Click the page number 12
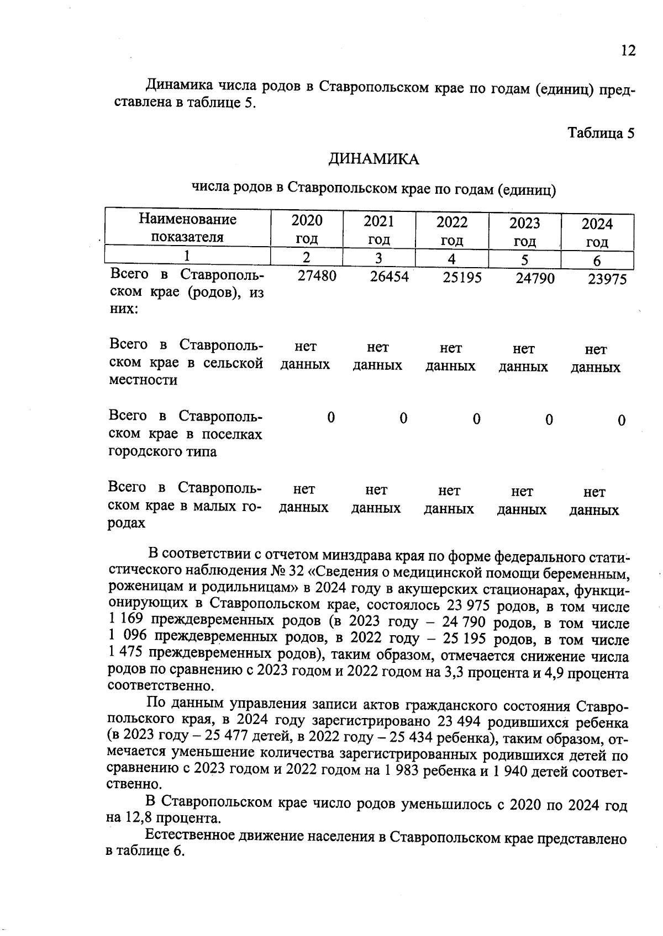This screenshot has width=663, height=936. pyautogui.click(x=628, y=51)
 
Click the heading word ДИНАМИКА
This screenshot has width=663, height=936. pyautogui.click(x=373, y=159)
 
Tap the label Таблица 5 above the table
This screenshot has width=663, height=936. pyautogui.click(x=601, y=133)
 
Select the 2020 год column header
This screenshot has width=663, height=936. pyautogui.click(x=307, y=229)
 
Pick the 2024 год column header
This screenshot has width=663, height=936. pyautogui.click(x=597, y=232)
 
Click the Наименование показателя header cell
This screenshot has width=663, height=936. pyautogui.click(x=187, y=228)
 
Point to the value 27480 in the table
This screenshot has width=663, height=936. pyautogui.click(x=317, y=276)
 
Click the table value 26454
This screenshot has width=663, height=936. pyautogui.click(x=390, y=277)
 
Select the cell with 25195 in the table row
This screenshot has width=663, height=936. pyautogui.click(x=462, y=278)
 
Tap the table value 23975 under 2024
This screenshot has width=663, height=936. pyautogui.click(x=607, y=279)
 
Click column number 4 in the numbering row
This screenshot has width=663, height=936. pyautogui.click(x=451, y=259)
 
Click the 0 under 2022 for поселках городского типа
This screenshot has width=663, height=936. pyautogui.click(x=476, y=419)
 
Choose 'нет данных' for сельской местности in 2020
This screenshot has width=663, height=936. pyautogui.click(x=305, y=355)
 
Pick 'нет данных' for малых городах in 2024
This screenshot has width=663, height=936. pyautogui.click(x=594, y=501)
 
